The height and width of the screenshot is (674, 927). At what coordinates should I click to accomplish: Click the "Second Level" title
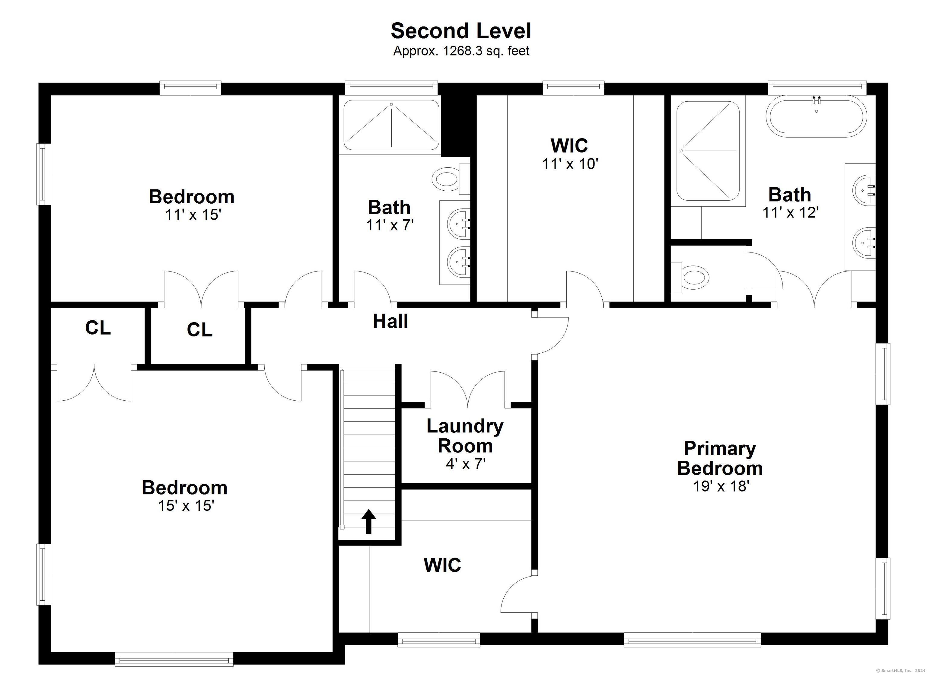click(x=461, y=31)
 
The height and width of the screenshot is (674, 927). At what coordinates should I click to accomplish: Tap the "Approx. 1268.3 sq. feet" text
click(x=461, y=51)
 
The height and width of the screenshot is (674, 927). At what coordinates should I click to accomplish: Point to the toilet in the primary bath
click(x=691, y=278)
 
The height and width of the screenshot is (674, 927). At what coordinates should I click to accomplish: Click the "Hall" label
click(x=390, y=321)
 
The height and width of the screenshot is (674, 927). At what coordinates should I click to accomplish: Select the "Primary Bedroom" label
click(x=720, y=458)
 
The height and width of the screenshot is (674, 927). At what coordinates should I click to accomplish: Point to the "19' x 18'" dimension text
click(x=721, y=486)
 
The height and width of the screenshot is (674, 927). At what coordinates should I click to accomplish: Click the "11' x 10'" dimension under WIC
click(x=570, y=164)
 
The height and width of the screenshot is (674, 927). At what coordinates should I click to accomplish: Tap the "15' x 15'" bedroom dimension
click(x=186, y=506)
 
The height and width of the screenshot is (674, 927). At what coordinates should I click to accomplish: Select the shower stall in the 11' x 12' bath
click(x=708, y=151)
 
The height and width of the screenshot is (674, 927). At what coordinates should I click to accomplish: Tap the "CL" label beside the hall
click(x=199, y=330)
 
